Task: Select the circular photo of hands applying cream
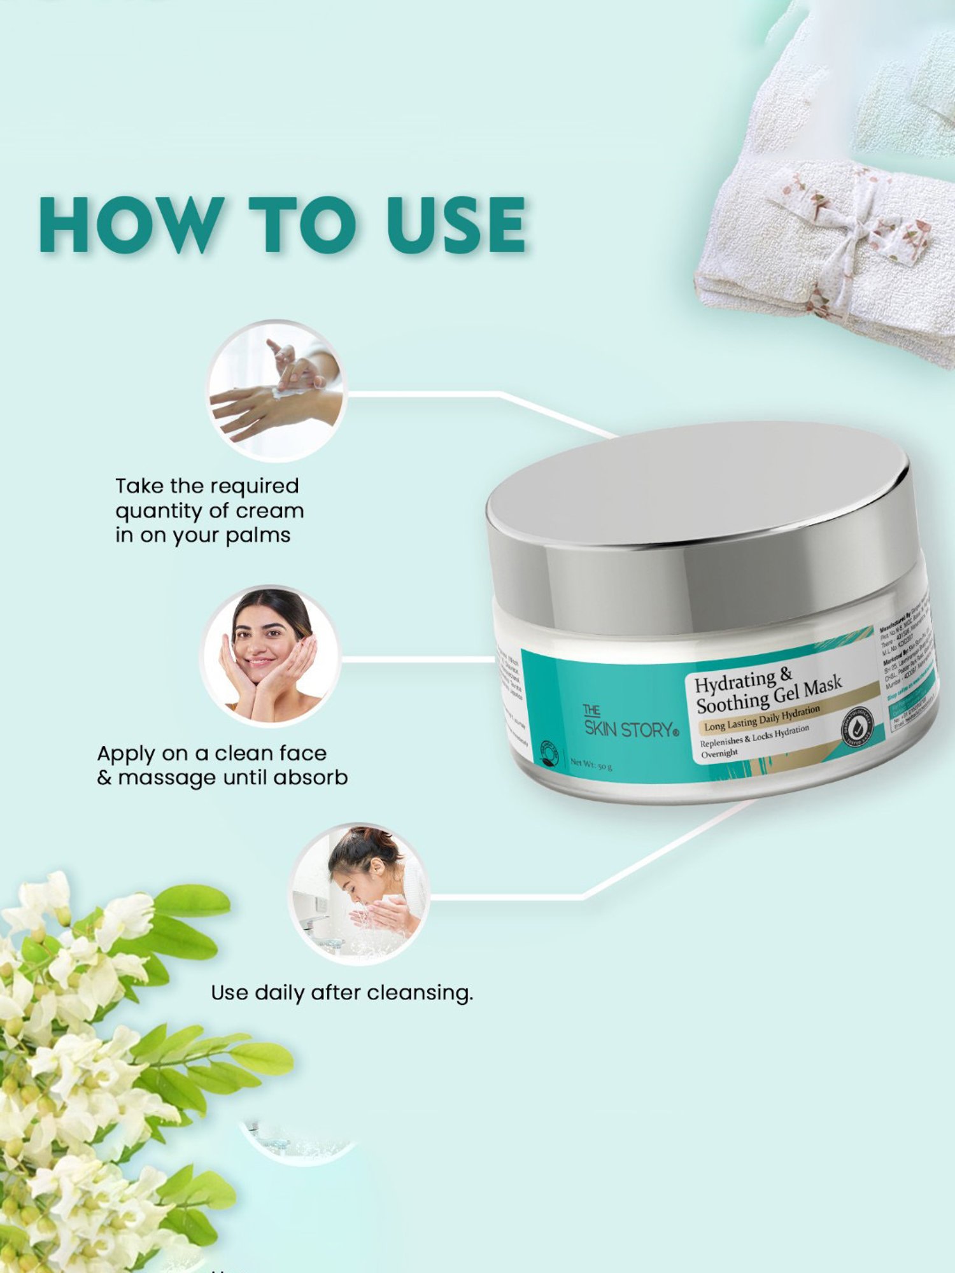275,390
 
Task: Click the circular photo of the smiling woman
271,656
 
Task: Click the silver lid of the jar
697,503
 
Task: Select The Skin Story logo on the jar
629,723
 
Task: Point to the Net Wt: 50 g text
591,763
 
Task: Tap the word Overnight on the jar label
719,753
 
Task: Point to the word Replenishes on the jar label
721,742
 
